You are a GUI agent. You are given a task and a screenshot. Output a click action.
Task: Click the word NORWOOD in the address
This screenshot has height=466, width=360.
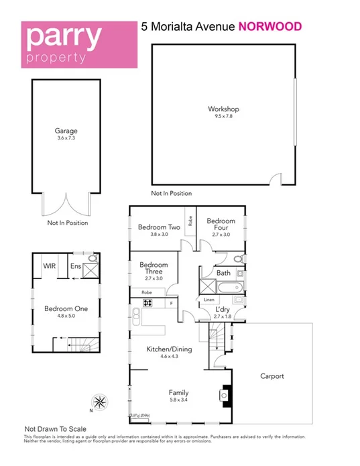click(x=269, y=27)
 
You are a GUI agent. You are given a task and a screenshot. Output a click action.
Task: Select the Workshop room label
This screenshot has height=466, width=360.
click(x=223, y=109)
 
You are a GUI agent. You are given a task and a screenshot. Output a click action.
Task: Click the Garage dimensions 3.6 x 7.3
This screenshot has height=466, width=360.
click(x=66, y=139)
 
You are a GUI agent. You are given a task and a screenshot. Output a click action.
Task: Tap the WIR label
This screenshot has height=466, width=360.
click(x=50, y=266)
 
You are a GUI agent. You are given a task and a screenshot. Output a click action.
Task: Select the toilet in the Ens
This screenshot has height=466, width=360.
click(x=93, y=258)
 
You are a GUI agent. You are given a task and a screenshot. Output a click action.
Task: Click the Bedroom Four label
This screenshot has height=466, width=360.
click(x=221, y=221)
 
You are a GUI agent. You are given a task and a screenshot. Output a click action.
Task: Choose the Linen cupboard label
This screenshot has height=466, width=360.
click(x=209, y=299)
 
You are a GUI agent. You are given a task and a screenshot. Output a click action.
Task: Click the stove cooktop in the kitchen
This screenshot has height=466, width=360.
click(x=147, y=302)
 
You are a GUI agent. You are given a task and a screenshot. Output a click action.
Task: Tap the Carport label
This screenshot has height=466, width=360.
click(x=272, y=376)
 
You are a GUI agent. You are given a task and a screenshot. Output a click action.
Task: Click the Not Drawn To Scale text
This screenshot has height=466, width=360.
click(x=56, y=428)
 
